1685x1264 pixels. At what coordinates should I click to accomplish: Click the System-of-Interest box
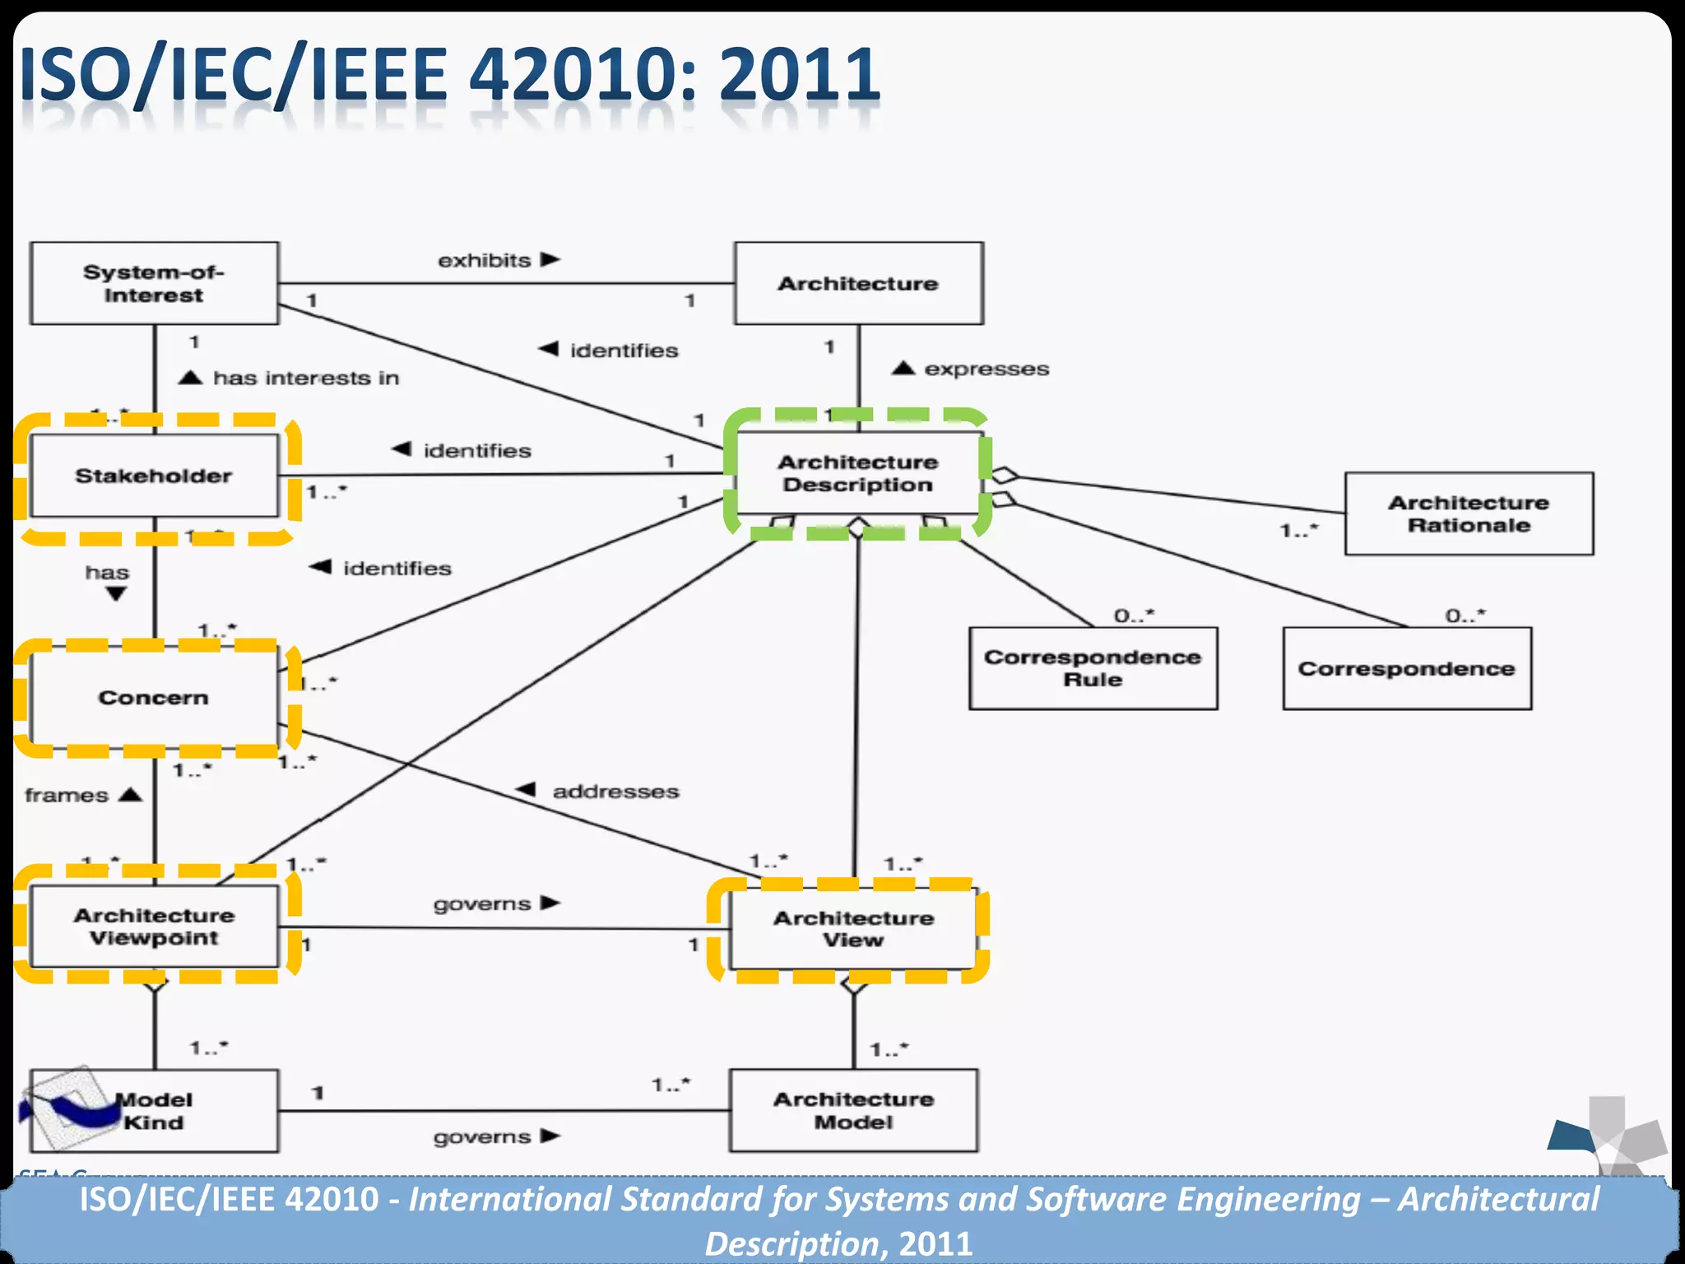154,283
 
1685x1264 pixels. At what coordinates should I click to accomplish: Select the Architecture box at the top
858,283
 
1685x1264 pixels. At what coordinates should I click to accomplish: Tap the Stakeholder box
154,476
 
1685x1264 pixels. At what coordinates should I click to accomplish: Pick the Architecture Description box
857,473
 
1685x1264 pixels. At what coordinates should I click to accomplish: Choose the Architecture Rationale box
1469,513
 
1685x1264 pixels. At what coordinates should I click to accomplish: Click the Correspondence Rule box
1093,668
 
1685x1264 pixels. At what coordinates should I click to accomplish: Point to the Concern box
154,698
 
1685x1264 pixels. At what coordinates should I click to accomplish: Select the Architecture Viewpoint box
154,927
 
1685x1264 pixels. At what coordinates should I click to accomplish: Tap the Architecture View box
853,929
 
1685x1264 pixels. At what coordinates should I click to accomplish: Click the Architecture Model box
853,1110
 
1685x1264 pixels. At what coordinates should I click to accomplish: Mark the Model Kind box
154,1110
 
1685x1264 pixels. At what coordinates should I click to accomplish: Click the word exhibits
484,261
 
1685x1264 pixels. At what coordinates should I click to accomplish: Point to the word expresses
986,369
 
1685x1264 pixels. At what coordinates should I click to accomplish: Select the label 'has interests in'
306,379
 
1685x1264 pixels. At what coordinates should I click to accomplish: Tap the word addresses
615,792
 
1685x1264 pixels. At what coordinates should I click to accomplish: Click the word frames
67,796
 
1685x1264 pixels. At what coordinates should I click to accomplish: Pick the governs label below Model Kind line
482,1137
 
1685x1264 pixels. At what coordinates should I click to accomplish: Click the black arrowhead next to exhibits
550,260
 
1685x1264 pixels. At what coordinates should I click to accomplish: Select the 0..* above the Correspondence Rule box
1134,616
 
